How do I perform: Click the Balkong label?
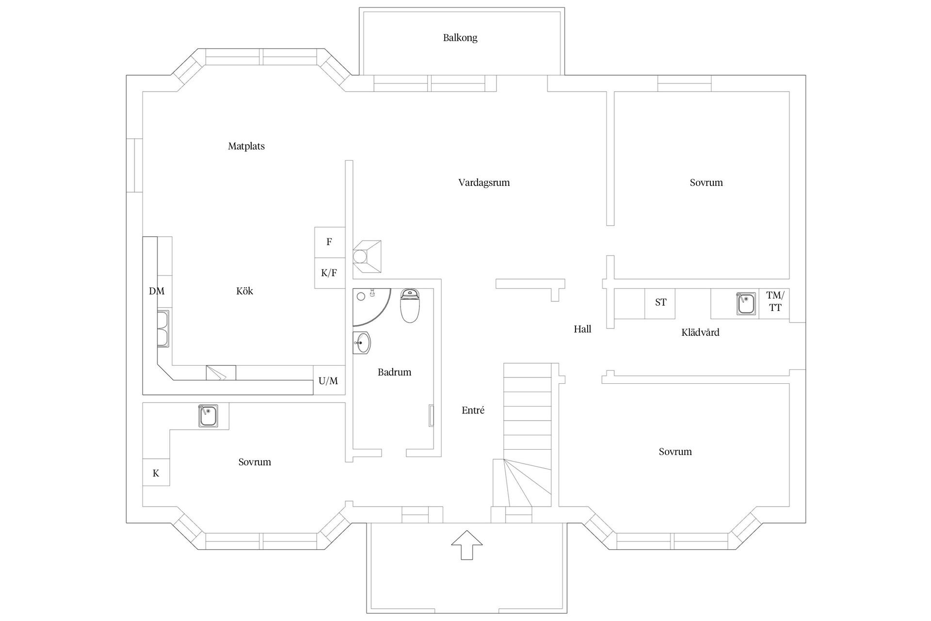click(460, 38)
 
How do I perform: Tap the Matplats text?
click(246, 146)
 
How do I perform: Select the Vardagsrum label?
click(484, 183)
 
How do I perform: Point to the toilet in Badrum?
click(410, 306)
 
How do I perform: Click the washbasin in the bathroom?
click(362, 343)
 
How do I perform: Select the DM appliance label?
click(157, 291)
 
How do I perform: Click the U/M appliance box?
click(329, 381)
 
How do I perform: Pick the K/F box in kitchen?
click(329, 273)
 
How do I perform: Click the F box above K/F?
click(329, 242)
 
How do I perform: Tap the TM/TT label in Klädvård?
click(774, 301)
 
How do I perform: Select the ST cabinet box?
click(660, 303)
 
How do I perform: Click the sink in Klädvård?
click(746, 304)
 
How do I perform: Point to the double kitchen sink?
click(163, 329)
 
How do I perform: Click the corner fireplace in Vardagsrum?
click(367, 256)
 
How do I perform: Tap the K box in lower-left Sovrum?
click(156, 473)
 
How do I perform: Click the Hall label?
click(582, 329)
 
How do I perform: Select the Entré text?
click(473, 410)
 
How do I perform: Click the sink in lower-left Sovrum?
click(208, 416)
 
